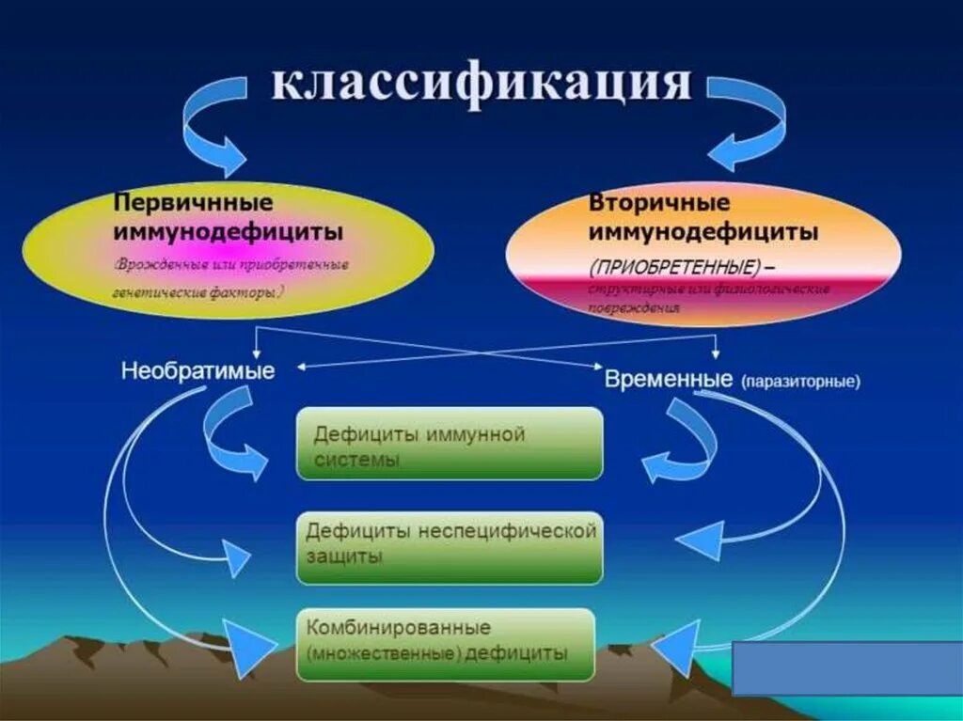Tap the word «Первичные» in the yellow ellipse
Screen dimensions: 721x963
tap(194, 202)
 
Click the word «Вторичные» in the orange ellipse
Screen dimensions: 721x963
tap(659, 203)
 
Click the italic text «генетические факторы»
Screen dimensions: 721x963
tap(201, 292)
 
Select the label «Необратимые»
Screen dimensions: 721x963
tap(197, 371)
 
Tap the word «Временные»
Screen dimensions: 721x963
tap(669, 380)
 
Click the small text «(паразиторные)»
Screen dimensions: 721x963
tap(800, 383)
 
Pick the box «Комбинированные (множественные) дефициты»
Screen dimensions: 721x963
tap(446, 645)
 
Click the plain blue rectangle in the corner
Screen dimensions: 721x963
tap(846, 667)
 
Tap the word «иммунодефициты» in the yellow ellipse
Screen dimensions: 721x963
tap(229, 230)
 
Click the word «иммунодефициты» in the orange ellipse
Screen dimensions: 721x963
tap(703, 231)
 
